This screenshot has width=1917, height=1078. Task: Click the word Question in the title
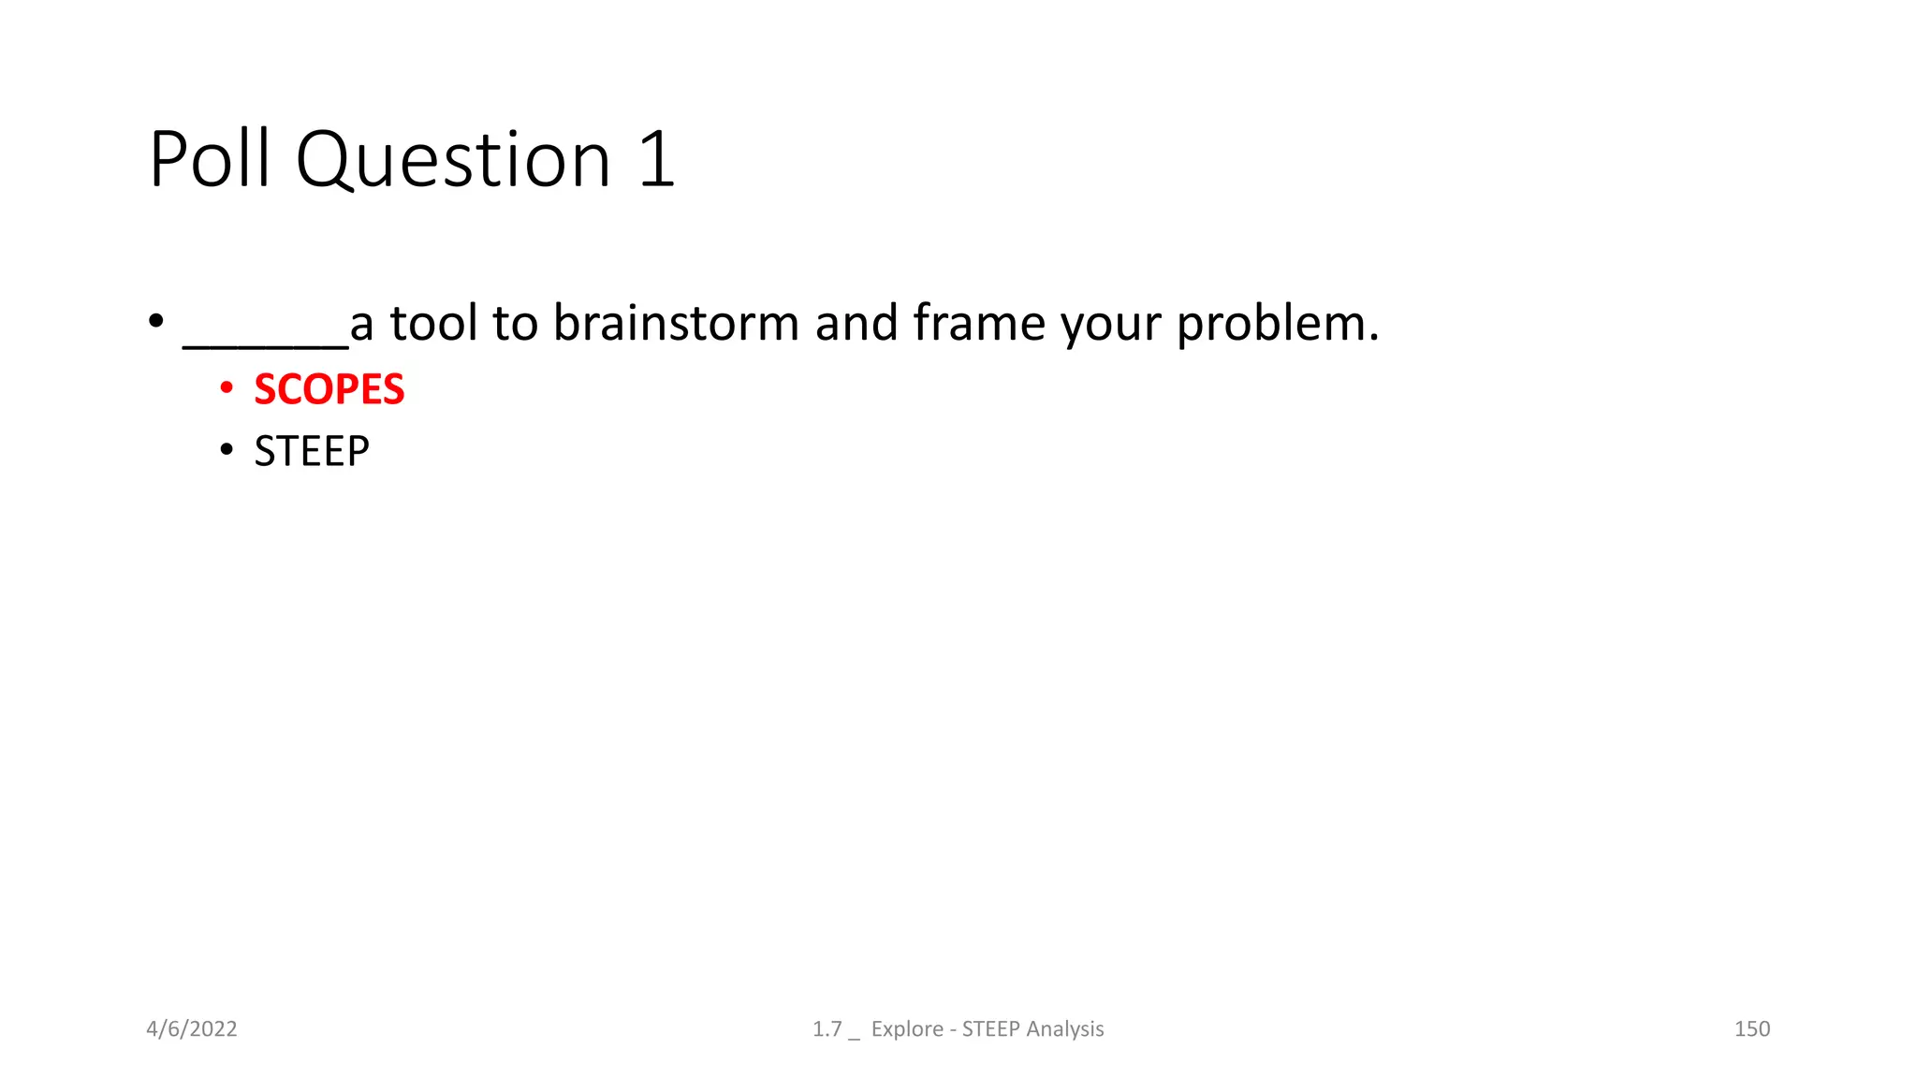tap(454, 159)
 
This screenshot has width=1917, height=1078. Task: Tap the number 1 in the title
tap(657, 159)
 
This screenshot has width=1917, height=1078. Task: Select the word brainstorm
tap(676, 323)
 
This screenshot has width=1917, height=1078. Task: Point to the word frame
tap(979, 323)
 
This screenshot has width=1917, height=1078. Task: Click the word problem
tap(1278, 325)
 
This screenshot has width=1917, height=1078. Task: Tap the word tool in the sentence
tap(433, 323)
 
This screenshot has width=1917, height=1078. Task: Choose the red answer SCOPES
tap(329, 389)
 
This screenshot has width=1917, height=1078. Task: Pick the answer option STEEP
tap(312, 452)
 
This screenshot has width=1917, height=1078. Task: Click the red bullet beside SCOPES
tap(227, 387)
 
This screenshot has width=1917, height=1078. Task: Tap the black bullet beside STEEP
tap(227, 451)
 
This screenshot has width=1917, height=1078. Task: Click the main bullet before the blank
tap(156, 321)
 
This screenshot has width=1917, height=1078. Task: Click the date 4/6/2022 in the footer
tap(192, 1029)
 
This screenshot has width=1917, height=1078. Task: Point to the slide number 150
tap(1751, 1029)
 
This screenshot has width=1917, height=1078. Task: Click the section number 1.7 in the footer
tap(827, 1029)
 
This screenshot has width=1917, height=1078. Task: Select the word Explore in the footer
tap(907, 1029)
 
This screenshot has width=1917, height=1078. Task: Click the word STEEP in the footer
tap(990, 1029)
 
